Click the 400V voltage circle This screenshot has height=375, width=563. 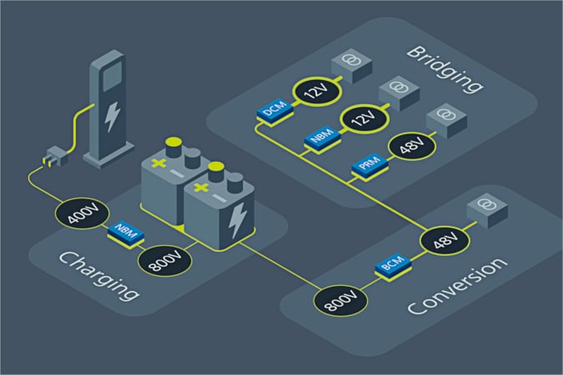(x=83, y=214)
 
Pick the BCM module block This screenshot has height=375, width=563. (x=393, y=266)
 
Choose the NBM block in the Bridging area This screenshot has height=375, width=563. (x=323, y=137)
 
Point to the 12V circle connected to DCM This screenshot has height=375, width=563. (x=317, y=91)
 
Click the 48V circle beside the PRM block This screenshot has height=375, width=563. (x=412, y=146)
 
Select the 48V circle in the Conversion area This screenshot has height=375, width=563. (x=445, y=241)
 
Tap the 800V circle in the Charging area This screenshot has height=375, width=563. (x=165, y=261)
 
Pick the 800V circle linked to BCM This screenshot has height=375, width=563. (x=340, y=301)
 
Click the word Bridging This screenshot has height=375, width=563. (x=445, y=70)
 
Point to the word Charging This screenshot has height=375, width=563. (x=98, y=276)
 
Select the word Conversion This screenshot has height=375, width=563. (x=458, y=287)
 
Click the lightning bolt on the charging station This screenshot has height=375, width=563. (x=112, y=117)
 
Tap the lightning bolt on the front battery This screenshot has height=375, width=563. (x=238, y=220)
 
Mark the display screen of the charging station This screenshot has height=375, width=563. (x=113, y=76)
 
